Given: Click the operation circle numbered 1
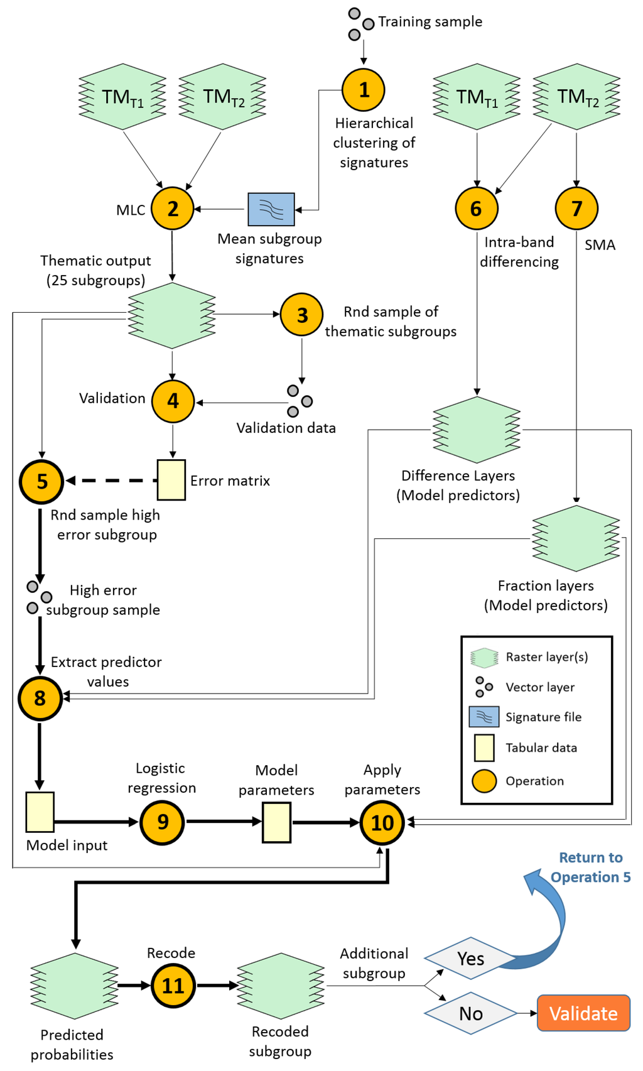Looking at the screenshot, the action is pyautogui.click(x=364, y=89).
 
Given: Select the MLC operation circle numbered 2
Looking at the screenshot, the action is pyautogui.click(x=173, y=209).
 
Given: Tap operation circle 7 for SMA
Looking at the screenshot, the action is pyautogui.click(x=576, y=209).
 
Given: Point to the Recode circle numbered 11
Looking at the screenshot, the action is pyautogui.click(x=173, y=986).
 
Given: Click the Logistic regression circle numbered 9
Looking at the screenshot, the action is pyautogui.click(x=163, y=822).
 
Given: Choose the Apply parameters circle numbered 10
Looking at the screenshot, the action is pyautogui.click(x=382, y=823).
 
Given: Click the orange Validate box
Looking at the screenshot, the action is pyautogui.click(x=584, y=1013).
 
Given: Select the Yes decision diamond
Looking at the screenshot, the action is pyautogui.click(x=471, y=959).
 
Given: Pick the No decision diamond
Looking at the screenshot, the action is pyautogui.click(x=471, y=1013).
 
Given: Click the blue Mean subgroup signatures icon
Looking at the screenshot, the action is pyautogui.click(x=271, y=209).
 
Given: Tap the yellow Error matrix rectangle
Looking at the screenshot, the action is pyautogui.click(x=171, y=480).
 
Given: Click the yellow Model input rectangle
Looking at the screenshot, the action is pyautogui.click(x=40, y=812).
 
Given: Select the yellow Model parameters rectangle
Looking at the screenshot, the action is pyautogui.click(x=277, y=822).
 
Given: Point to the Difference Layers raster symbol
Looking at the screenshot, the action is pyautogui.click(x=477, y=430).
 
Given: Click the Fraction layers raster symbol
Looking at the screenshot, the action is pyautogui.click(x=576, y=538).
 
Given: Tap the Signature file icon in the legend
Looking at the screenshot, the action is pyautogui.click(x=484, y=717).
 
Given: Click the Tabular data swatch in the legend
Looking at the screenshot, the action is pyautogui.click(x=484, y=748).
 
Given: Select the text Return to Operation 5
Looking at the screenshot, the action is pyautogui.click(x=590, y=867).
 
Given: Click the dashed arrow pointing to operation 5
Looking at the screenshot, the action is pyautogui.click(x=112, y=481).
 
